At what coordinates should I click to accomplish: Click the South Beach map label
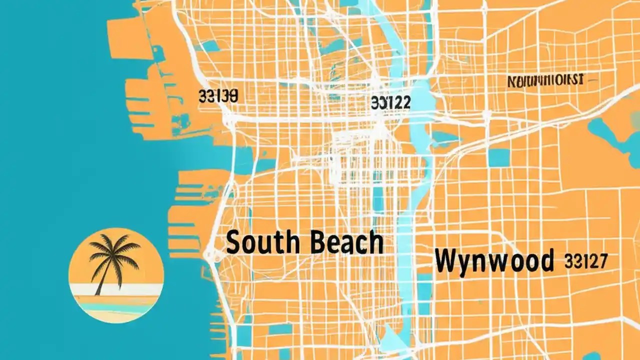[304, 243]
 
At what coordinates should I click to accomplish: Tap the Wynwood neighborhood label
[494, 260]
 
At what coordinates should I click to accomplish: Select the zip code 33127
[585, 260]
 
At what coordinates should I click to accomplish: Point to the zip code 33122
[391, 103]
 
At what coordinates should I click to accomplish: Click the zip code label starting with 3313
[217, 95]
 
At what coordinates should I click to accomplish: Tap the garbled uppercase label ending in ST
[545, 80]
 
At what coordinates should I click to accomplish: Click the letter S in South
[233, 243]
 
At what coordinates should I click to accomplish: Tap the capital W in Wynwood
[445, 260]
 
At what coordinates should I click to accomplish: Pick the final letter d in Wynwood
[547, 260]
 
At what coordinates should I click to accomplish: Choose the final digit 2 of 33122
[405, 103]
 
